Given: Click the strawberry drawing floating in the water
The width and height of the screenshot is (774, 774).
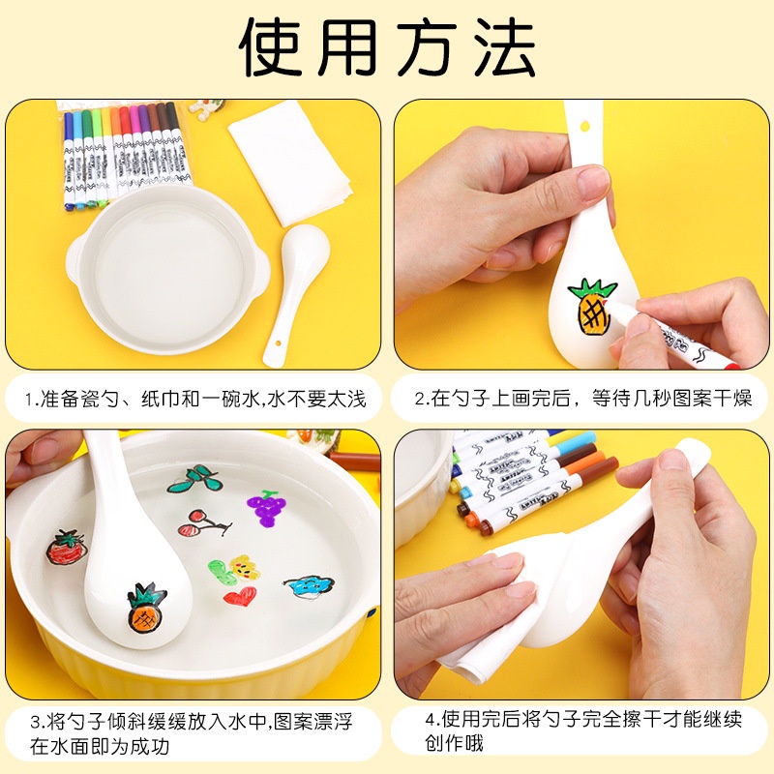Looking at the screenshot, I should coord(68,548).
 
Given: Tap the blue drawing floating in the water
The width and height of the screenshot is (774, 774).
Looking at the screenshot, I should coord(309,586).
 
